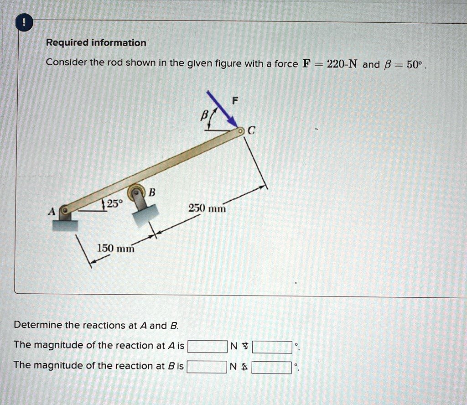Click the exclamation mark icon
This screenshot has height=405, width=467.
coord(23,23)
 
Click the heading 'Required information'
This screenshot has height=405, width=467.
coord(96,43)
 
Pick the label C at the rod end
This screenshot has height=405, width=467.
coord(252,131)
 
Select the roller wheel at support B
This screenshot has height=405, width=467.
coord(136,192)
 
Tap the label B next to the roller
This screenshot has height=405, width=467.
coord(152,192)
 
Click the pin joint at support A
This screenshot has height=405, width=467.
coord(66,210)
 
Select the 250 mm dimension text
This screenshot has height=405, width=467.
coord(207,208)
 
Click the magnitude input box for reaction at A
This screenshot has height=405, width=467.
coord(207,347)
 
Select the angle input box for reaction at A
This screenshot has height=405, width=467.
coord(272,347)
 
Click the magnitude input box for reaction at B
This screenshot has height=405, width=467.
coord(207,367)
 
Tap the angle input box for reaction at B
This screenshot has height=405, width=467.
coord(272,367)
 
